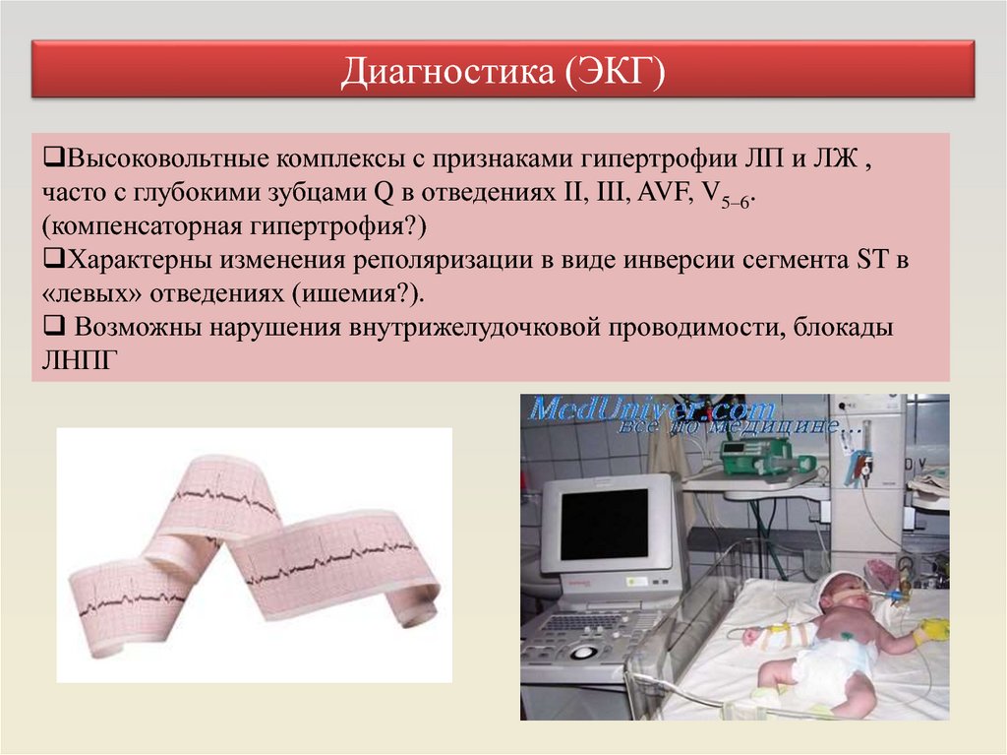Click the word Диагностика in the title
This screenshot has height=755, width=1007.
point(447,71)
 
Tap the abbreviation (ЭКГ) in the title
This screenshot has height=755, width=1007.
point(616,71)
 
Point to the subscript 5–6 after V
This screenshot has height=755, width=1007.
point(736,202)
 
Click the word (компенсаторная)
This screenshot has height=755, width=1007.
point(142,226)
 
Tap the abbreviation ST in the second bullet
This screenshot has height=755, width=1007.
point(872,260)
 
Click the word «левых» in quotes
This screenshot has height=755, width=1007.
point(91,294)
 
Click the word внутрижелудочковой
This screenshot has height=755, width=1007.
point(475,328)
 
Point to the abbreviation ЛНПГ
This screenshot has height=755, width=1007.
point(81,360)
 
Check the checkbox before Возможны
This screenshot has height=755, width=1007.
point(54,327)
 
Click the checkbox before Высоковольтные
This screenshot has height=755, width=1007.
point(54,157)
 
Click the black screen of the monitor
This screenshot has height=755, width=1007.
point(605,524)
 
